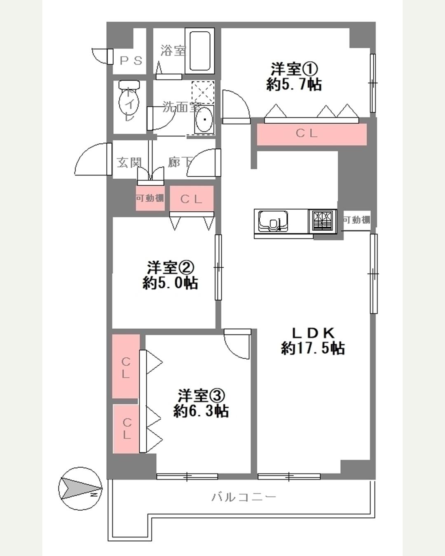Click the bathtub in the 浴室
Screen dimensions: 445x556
pyautogui.click(x=200, y=51)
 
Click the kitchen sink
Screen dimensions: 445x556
pyautogui.click(x=274, y=221)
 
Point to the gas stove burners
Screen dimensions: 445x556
pyautogui.click(x=323, y=220)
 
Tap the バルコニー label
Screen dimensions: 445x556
pyautogui.click(x=244, y=497)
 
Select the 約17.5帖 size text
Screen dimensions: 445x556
pyautogui.click(x=313, y=348)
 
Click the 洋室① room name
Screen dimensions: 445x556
pyautogui.click(x=294, y=69)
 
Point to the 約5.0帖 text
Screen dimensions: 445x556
pyautogui.click(x=171, y=283)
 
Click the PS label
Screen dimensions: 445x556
pyautogui.click(x=131, y=61)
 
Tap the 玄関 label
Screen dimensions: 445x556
pyautogui.click(x=129, y=163)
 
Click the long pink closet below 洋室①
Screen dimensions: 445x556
pyautogui.click(x=312, y=134)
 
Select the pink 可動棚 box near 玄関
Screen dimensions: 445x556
pyautogui.click(x=150, y=198)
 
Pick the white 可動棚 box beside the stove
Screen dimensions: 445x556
pyautogui.click(x=356, y=220)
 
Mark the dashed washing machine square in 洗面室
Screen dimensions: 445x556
pyautogui.click(x=203, y=92)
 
